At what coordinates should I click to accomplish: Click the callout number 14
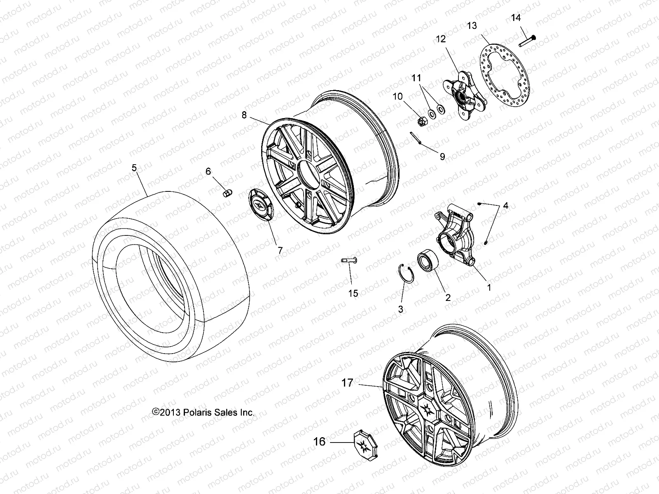coord(516,17)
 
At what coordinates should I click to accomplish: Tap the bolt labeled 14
coord(525,41)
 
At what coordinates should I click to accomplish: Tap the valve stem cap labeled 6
coord(227,193)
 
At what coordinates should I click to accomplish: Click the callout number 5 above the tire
coord(134,168)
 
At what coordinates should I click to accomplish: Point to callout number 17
coord(347,383)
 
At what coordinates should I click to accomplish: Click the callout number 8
coord(244,115)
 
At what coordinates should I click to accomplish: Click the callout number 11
coord(417,77)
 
